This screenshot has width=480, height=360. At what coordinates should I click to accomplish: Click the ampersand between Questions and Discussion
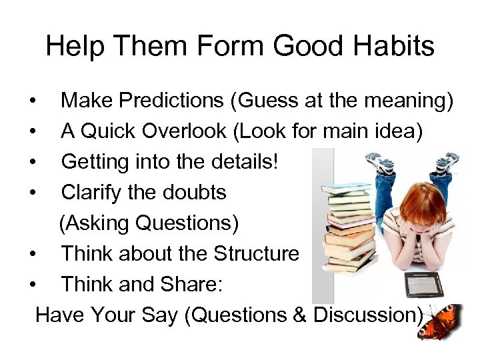[299, 314]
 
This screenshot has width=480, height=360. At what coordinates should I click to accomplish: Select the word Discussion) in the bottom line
[368, 314]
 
